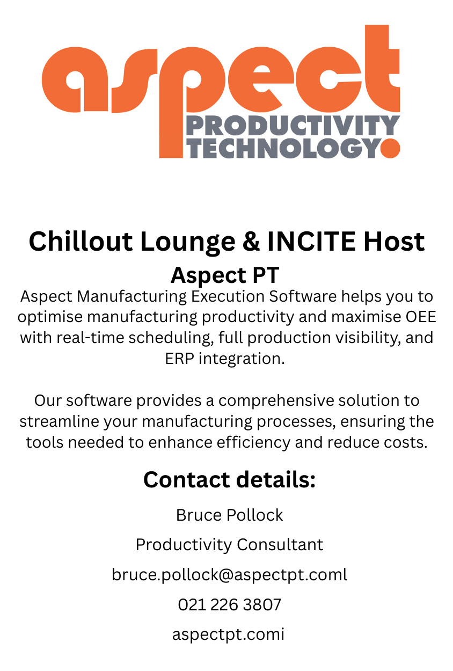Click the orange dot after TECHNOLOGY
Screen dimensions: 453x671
(390, 148)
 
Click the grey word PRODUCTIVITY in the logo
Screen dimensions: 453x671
(293, 126)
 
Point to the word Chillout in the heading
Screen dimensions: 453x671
(81, 242)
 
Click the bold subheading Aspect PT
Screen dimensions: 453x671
(225, 275)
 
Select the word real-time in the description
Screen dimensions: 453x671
(90, 338)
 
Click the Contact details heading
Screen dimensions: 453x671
(230, 479)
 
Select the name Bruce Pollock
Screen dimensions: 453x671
(230, 515)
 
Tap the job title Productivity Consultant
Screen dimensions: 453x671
(230, 545)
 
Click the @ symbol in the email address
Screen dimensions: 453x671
(226, 575)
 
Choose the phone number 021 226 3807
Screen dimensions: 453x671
(230, 604)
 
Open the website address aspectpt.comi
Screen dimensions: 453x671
(228, 634)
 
